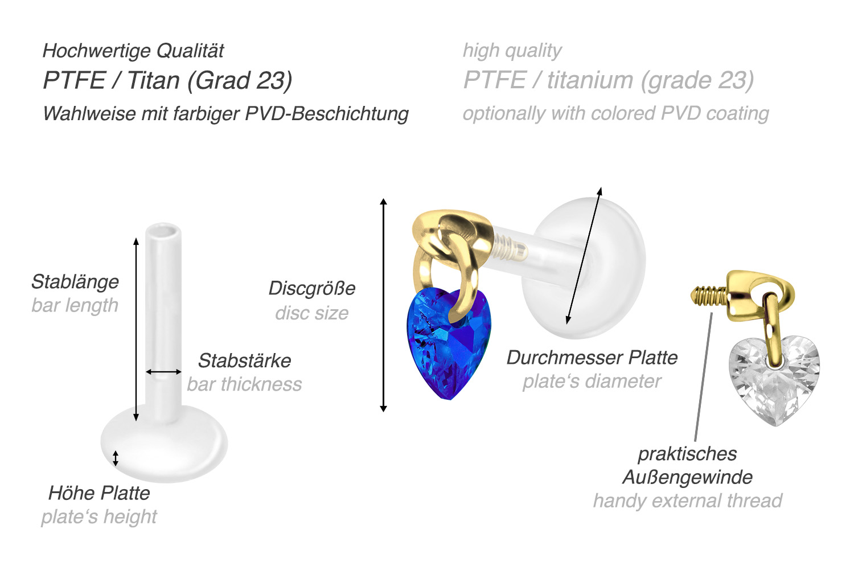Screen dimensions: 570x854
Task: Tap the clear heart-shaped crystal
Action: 774,379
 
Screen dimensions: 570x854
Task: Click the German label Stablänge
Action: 75,281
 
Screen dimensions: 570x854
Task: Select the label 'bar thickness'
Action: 244,384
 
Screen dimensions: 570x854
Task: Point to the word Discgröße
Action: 312,288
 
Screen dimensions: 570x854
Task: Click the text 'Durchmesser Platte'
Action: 592,358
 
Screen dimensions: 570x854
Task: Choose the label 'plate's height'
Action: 99,516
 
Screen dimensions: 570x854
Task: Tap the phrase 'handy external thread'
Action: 687,501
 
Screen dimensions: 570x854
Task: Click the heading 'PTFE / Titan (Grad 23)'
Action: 167,80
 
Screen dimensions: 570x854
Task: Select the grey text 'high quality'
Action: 512,51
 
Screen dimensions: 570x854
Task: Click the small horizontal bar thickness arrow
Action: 163,372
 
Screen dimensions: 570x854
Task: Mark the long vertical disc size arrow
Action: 384,305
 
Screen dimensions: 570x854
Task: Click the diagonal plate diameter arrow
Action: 584,256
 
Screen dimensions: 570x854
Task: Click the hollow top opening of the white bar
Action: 163,231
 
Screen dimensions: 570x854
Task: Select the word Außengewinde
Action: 687,477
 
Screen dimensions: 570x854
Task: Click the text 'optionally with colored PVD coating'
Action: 615,113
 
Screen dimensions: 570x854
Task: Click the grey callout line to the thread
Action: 704,376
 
